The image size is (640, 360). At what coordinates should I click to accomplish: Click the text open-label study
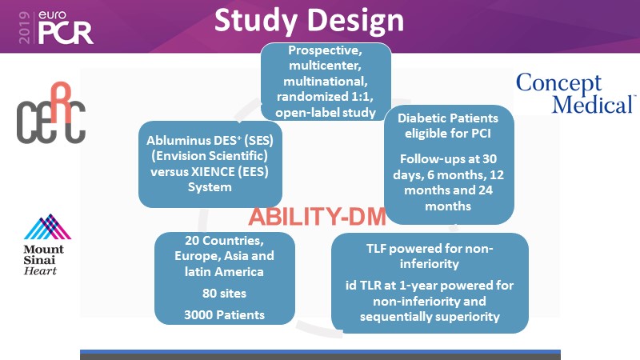[325, 113]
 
